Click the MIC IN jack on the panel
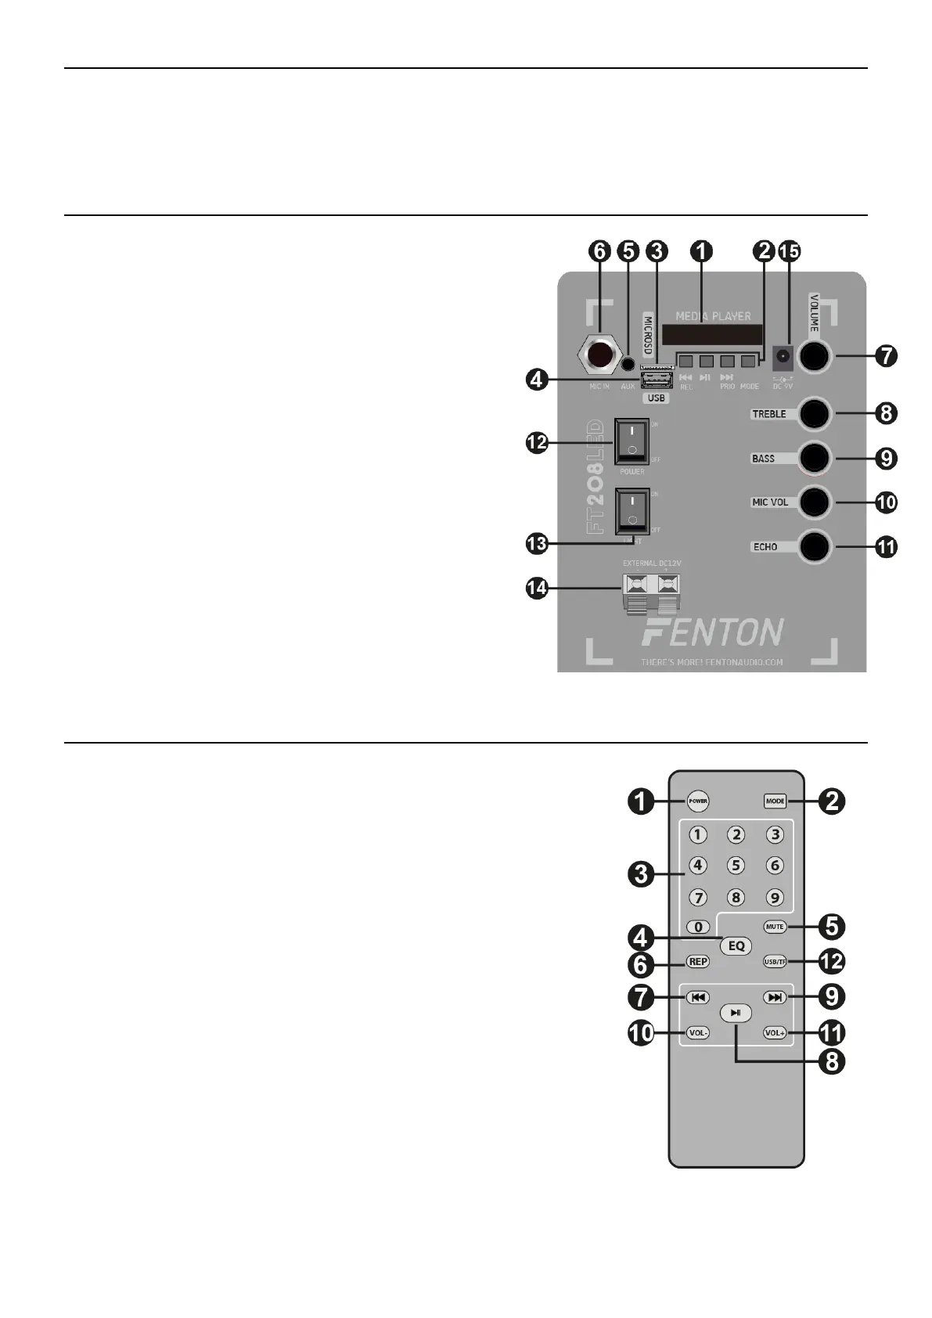(599, 356)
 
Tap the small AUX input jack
(628, 364)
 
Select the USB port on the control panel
(657, 380)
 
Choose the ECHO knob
(814, 546)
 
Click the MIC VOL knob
(814, 502)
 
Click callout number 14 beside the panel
(537, 589)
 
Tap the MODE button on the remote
(775, 801)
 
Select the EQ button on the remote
(736, 945)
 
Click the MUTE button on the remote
(775, 927)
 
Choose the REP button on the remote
(697, 962)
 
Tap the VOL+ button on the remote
(775, 1033)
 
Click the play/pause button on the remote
(736, 1013)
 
